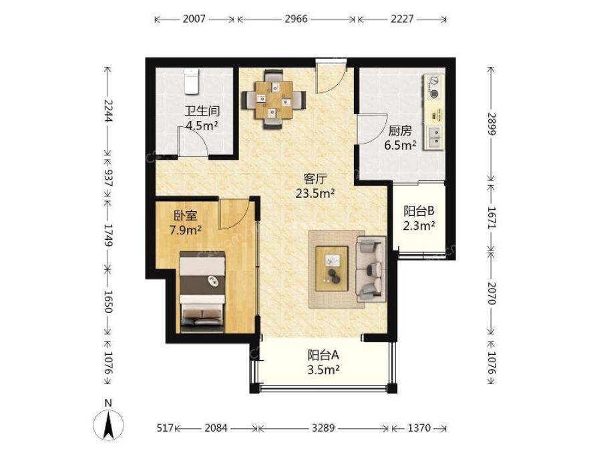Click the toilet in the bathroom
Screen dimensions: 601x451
(x=191, y=82)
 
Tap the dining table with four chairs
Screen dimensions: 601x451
(x=274, y=100)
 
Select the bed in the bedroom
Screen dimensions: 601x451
(x=202, y=292)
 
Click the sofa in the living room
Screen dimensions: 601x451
(x=370, y=269)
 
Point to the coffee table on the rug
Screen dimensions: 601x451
(x=331, y=269)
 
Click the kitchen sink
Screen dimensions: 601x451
(x=435, y=137)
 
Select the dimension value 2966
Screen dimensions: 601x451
(x=296, y=19)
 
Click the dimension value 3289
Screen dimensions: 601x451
(x=323, y=428)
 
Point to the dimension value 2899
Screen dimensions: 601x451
(x=491, y=124)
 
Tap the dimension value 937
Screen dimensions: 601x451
(x=108, y=178)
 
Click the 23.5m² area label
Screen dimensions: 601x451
(x=315, y=193)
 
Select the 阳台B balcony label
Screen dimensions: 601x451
(x=419, y=211)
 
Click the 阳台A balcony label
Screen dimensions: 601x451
(x=323, y=355)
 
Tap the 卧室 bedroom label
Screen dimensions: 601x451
(x=186, y=216)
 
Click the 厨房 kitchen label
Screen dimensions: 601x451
(x=400, y=131)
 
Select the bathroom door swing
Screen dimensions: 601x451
(x=193, y=141)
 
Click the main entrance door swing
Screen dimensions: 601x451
(x=331, y=77)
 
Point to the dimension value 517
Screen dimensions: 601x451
(x=165, y=428)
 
